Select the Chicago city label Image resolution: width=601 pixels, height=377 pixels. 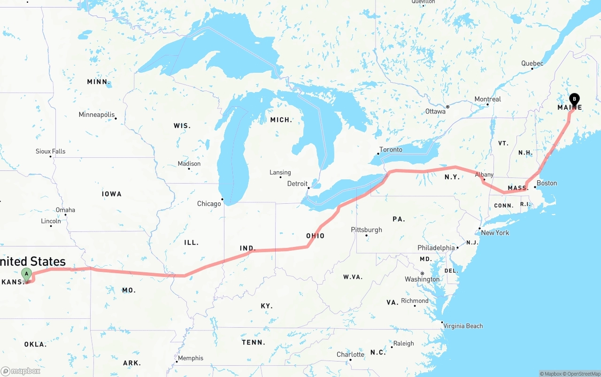coord(209,204)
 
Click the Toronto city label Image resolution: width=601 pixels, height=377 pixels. coord(391,150)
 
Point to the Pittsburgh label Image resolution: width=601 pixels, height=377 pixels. coord(367,230)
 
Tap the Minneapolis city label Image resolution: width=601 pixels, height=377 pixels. coord(97,115)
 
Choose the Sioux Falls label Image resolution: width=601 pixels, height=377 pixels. coord(51,152)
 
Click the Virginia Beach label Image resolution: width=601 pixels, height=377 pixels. coord(463,326)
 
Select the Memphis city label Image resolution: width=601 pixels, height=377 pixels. coord(191,358)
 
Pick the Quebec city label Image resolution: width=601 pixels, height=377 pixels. coord(532,64)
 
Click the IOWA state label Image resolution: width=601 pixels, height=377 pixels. coord(112,194)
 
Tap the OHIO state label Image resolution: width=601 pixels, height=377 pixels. coord(315,236)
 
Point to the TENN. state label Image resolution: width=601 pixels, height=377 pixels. coord(254,343)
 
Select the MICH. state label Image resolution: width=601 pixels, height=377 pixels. coord(281,120)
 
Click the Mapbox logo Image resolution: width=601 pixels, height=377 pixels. coord(21,371)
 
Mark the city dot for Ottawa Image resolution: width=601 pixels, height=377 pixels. coord(447,107)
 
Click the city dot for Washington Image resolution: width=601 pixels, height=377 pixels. coord(422,273)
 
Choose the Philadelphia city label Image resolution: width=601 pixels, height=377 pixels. coord(436,248)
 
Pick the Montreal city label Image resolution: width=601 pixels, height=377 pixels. coord(488,100)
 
